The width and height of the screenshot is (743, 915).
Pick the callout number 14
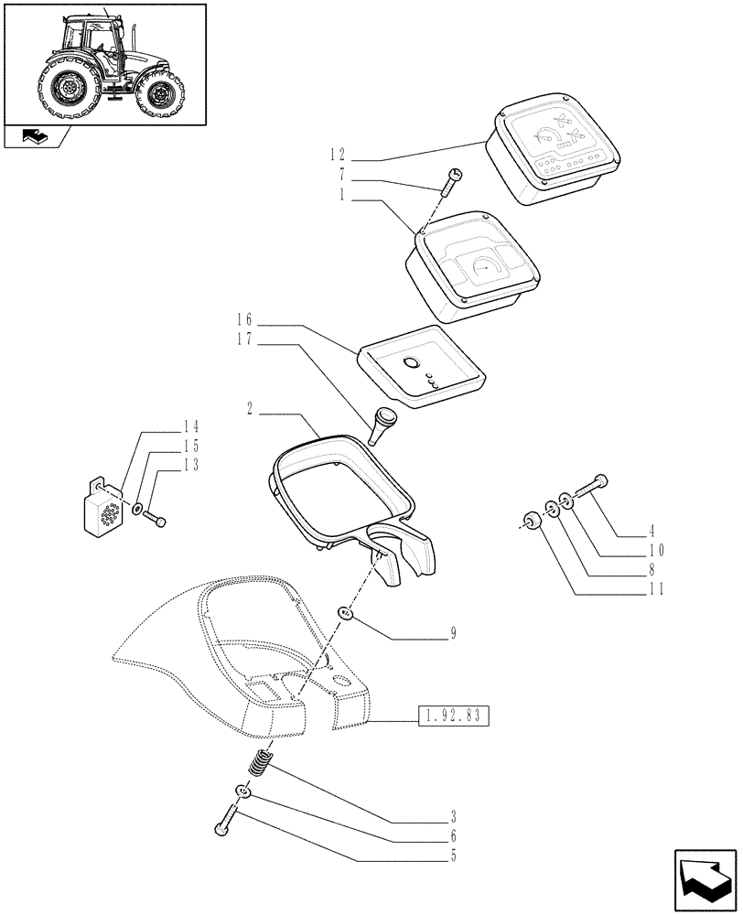pyautogui.click(x=189, y=427)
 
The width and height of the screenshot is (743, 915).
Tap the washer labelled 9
pyautogui.click(x=346, y=611)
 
